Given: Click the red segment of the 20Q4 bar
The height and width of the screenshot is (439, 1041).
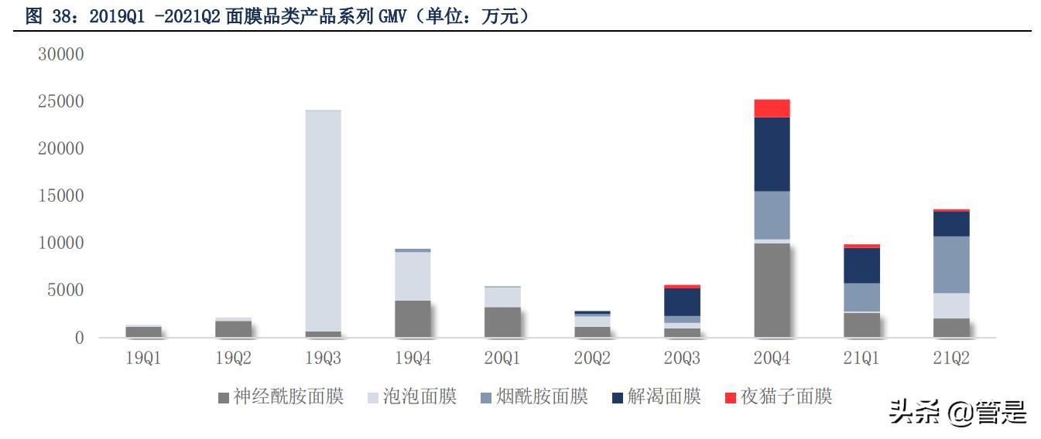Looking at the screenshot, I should click(x=772, y=108).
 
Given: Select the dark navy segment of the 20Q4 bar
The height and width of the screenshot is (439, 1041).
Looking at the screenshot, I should click(x=772, y=154).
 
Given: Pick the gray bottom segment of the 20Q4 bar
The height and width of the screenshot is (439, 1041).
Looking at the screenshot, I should click(x=772, y=290).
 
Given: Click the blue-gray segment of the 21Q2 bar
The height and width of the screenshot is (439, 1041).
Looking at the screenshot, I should click(x=951, y=264).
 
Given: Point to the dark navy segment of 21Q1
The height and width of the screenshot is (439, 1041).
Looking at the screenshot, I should click(x=861, y=265).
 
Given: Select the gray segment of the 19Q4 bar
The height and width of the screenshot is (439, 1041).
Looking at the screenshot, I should click(x=413, y=318).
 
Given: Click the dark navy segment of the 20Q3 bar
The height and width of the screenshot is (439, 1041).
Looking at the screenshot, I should click(x=682, y=301).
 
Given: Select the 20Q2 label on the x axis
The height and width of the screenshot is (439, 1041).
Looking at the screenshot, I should click(x=592, y=359).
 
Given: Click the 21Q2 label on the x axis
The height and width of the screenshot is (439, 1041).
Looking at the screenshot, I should click(x=951, y=359).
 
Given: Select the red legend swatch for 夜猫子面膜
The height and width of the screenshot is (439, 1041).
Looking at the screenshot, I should click(x=730, y=398).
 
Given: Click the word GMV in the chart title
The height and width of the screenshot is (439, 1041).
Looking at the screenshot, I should click(x=394, y=17).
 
